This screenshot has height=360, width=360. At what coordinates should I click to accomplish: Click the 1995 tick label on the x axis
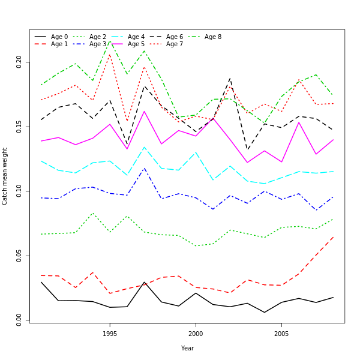pos(110,333)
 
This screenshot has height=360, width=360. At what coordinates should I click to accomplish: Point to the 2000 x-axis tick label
pos(196,333)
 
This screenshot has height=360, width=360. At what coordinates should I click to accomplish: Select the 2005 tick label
pos(281,333)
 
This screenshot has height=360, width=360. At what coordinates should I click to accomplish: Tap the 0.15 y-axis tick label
pos(19,127)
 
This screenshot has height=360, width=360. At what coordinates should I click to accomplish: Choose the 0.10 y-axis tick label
pos(19,191)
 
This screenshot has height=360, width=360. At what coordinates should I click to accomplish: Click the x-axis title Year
pos(187,348)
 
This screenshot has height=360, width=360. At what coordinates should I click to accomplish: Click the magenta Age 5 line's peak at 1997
pos(144,111)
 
